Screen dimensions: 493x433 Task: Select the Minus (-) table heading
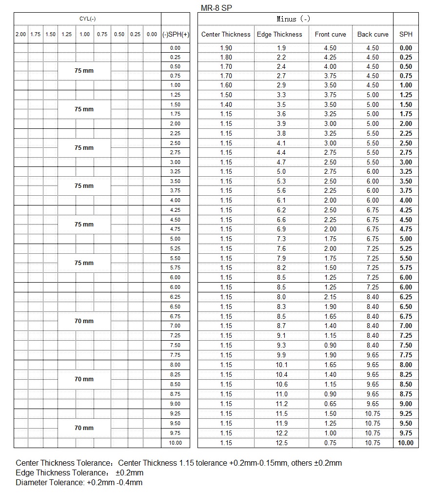click(293, 19)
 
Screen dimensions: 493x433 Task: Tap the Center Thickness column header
click(226, 34)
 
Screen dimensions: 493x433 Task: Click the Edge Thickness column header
click(281, 34)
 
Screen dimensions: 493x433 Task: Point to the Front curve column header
click(330, 34)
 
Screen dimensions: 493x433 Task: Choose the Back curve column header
click(373, 34)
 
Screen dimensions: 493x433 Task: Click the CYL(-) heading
click(87, 19)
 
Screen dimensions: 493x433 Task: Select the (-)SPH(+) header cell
click(176, 34)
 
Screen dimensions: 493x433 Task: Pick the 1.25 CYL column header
click(66, 34)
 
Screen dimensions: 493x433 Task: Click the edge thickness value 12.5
click(281, 443)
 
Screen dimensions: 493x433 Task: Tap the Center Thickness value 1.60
click(226, 85)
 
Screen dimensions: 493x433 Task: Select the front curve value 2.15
click(330, 297)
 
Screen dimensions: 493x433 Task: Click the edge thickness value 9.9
click(281, 355)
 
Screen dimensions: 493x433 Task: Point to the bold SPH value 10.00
click(405, 443)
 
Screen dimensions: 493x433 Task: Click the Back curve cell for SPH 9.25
click(373, 413)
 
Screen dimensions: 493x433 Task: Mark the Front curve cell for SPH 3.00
click(330, 162)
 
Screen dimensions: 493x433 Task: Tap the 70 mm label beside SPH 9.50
click(84, 428)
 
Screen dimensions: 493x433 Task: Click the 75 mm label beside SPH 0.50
click(84, 71)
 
